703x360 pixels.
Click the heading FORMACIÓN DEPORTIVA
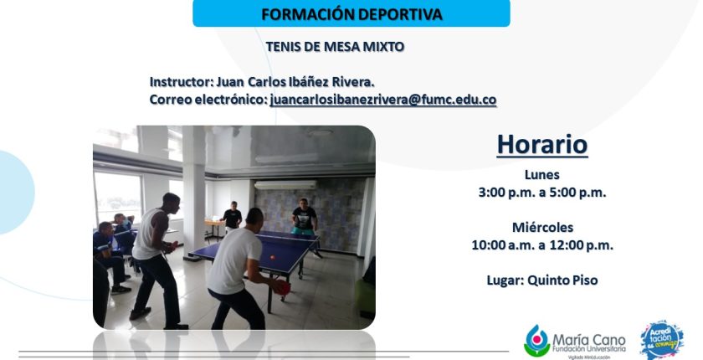351,14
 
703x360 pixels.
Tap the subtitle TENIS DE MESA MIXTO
335,47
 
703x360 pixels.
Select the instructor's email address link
383,100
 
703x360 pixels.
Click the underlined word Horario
542,144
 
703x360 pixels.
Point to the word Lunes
542,174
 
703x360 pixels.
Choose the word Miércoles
542,227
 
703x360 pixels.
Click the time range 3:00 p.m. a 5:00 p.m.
542,193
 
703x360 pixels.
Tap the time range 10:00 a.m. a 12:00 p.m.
542,245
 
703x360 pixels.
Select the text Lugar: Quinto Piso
542,280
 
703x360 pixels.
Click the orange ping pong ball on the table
272,257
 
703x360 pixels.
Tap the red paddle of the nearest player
282,287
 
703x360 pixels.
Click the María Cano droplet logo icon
536,341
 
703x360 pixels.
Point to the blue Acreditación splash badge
662,340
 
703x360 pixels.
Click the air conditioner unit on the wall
285,185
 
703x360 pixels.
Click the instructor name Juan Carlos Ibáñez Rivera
295,82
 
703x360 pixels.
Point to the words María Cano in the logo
588,340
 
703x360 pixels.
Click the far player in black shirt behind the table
305,220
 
